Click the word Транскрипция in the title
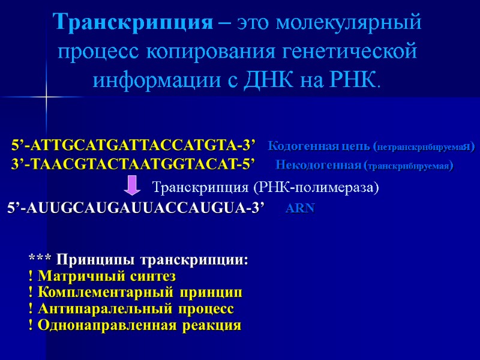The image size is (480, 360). [x=132, y=24]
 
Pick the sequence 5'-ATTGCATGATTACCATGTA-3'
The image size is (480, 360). [x=133, y=146]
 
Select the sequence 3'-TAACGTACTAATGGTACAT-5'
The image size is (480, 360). [x=133, y=164]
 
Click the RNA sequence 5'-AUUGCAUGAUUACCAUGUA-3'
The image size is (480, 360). [x=136, y=208]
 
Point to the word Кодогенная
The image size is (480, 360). [x=298, y=146]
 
